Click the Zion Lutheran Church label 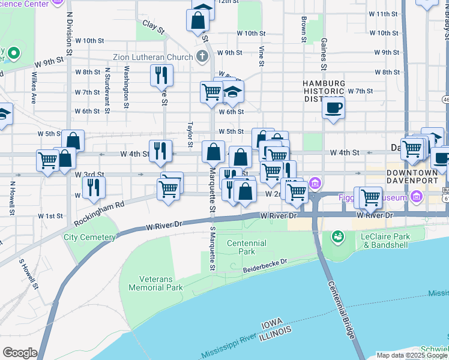coord(152,58)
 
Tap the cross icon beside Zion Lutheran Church coord(203,58)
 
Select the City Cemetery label coord(89,237)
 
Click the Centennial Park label coord(247,247)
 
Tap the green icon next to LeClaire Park coord(337,237)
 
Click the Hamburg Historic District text coord(324,91)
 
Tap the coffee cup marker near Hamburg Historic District coord(333,108)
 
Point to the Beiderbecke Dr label coord(266,266)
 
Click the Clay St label coord(153,28)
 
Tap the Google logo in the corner coord(19,353)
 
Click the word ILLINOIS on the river coord(276,332)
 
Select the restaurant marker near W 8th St coord(161,75)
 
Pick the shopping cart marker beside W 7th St coord(211,92)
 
